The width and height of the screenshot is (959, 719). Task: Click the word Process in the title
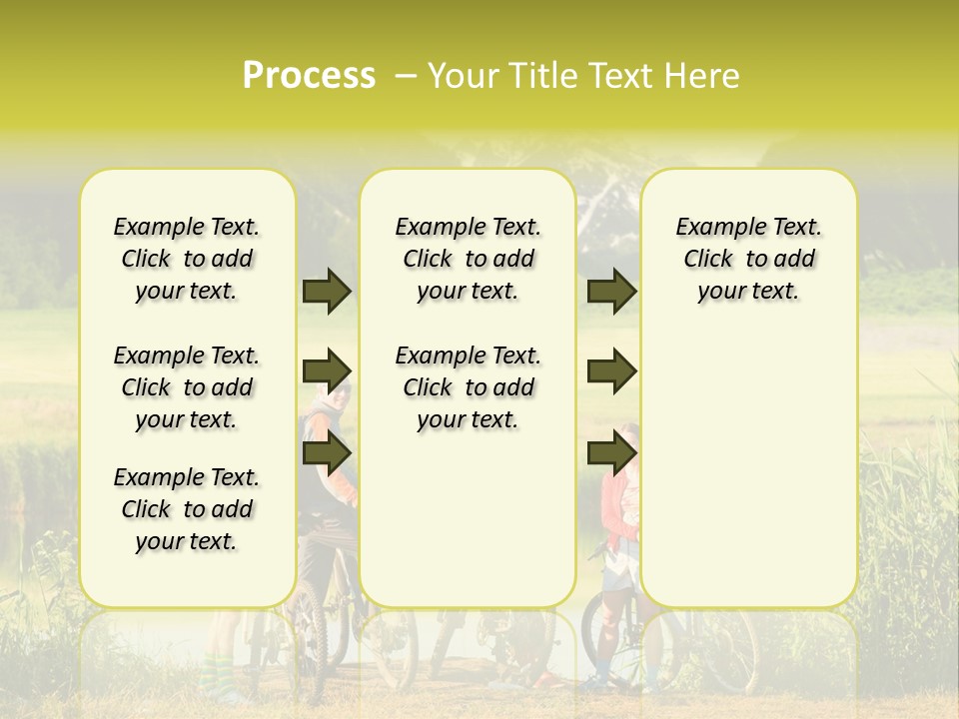coord(309,76)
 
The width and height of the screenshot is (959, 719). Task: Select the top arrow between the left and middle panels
coord(327,292)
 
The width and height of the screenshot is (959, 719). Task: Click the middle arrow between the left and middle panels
coord(327,371)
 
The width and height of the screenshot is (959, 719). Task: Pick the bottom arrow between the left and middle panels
coord(327,453)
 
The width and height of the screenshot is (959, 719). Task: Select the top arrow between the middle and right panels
coord(611,292)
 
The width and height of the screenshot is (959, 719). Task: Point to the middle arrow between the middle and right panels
coord(611,371)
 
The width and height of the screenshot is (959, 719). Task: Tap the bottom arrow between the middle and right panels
coord(611,453)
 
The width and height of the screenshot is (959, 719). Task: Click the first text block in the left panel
coord(187,259)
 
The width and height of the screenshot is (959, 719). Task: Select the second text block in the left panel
coord(187,387)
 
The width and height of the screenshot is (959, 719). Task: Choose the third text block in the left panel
coord(187,509)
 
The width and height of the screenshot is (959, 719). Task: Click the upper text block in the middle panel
coord(468,259)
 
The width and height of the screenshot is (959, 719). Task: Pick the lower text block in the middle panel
coord(468,387)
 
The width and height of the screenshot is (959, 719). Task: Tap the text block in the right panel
coord(748,259)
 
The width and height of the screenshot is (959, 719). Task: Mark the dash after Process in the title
coord(406,76)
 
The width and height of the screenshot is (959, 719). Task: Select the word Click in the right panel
coord(709,260)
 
